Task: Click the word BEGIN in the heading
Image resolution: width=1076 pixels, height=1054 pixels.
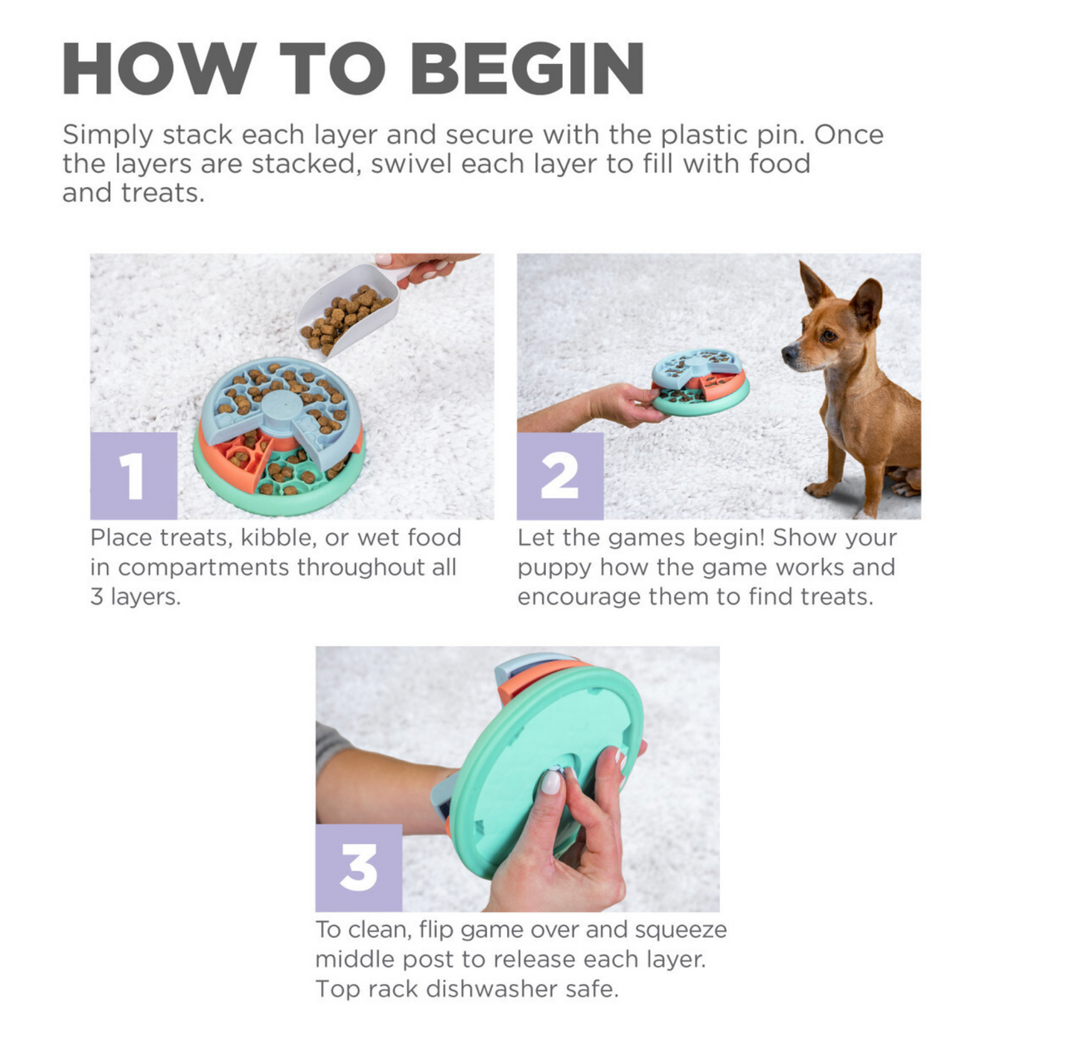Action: (527, 68)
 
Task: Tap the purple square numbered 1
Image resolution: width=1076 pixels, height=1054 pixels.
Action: (134, 476)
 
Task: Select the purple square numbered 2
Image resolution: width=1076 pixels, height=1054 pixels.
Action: (560, 476)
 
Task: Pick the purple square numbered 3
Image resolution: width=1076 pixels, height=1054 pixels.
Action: (358, 868)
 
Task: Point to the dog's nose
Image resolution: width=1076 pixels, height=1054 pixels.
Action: (789, 353)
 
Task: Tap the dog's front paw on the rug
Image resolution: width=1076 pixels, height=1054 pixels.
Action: (818, 490)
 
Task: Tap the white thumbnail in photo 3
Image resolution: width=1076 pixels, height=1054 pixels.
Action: (551, 782)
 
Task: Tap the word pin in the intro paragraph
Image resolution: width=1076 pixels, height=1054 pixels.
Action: (789, 135)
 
